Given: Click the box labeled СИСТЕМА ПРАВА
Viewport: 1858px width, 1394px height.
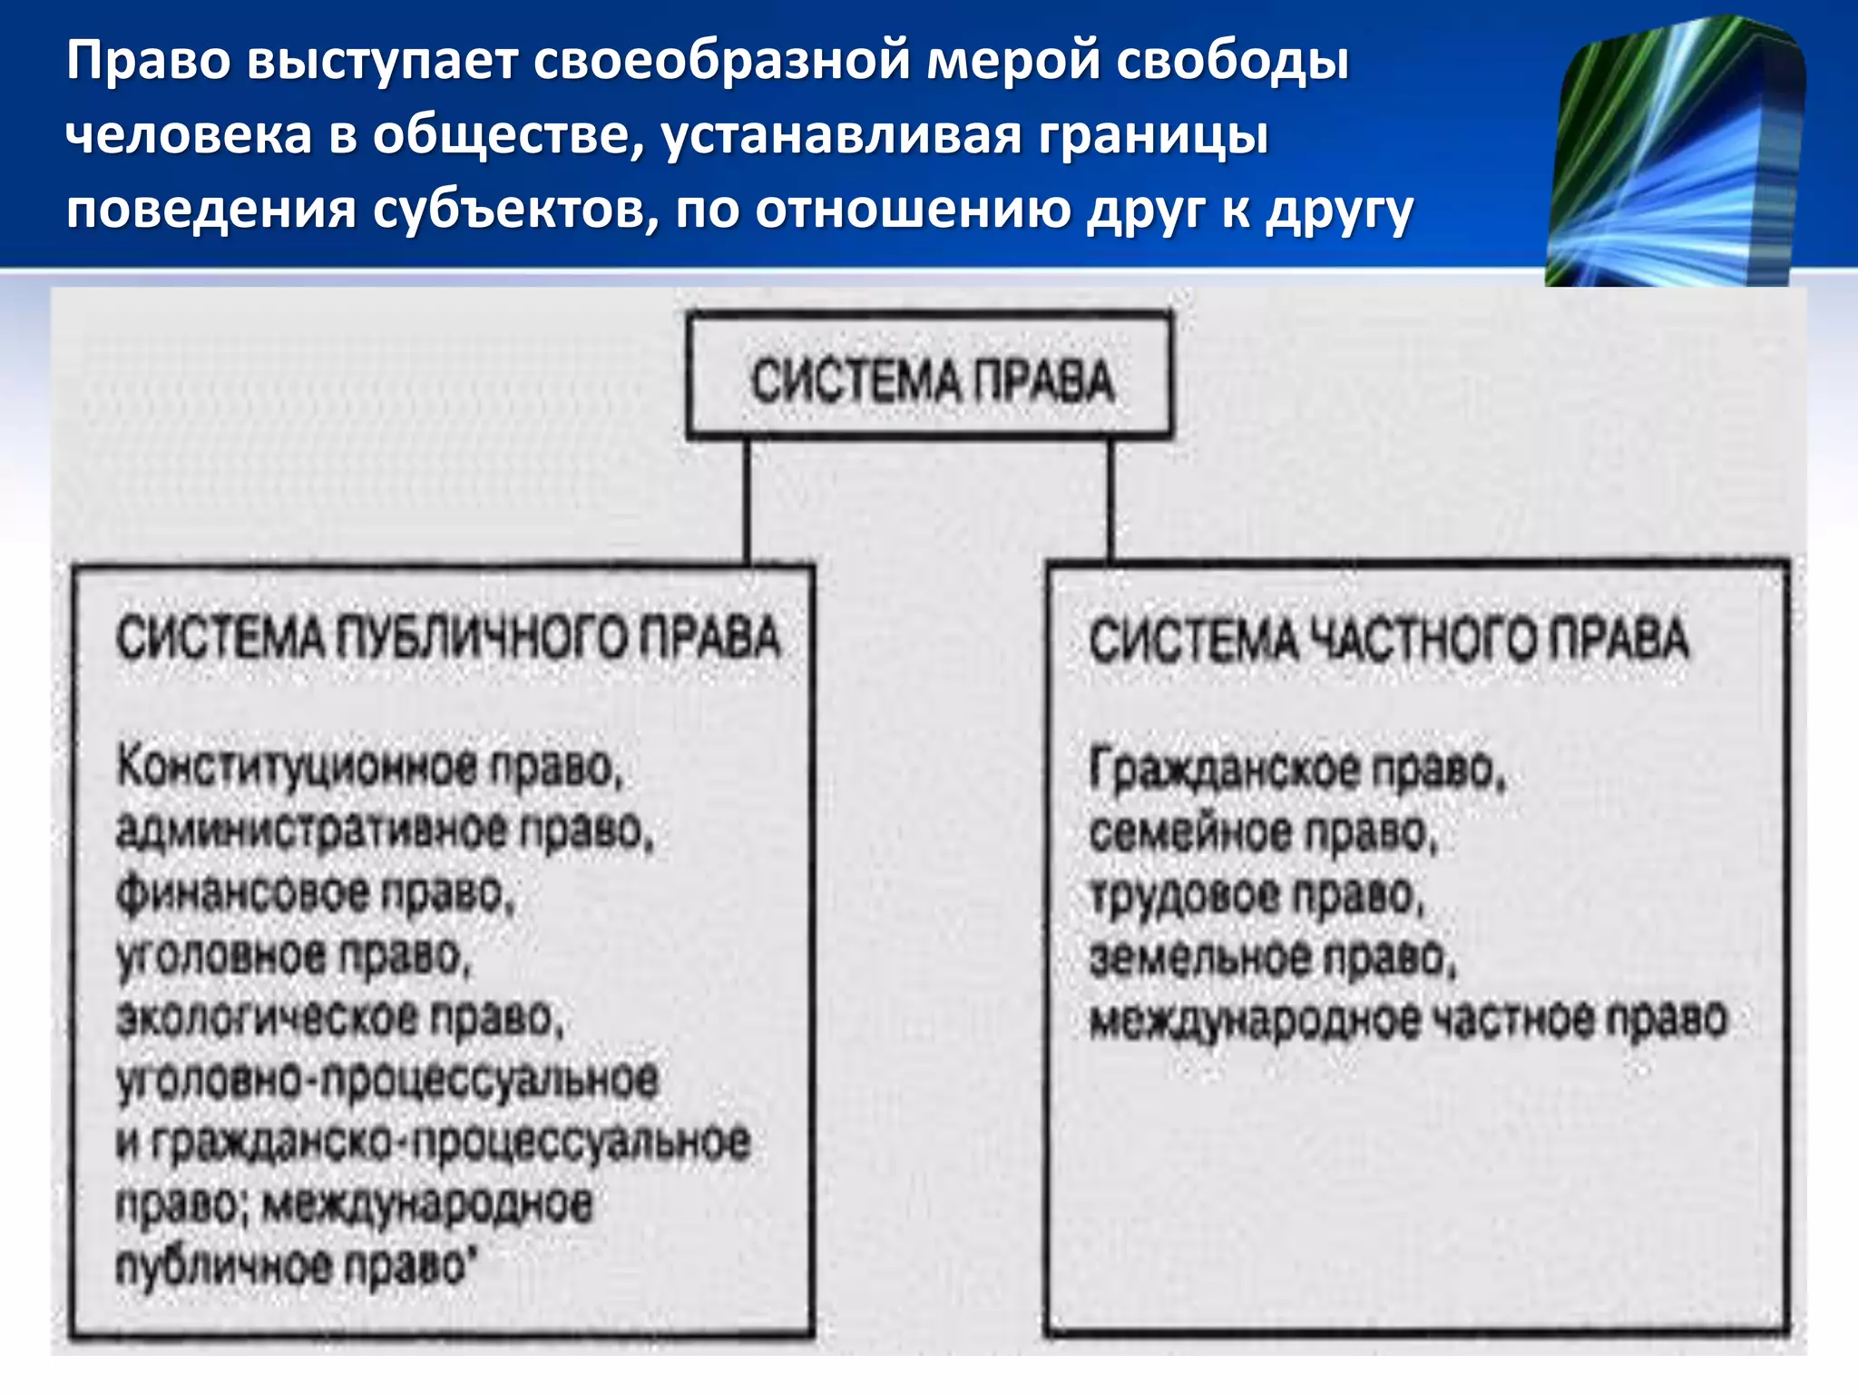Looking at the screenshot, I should pos(929,377).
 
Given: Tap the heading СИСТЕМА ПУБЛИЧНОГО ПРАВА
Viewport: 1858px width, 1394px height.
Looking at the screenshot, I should pos(447,638).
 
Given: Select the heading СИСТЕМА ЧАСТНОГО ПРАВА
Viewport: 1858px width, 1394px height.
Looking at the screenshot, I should pos(1388,640).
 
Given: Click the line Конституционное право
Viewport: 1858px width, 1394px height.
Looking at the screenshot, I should pos(369,768).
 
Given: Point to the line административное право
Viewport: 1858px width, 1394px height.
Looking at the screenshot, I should pos(385,830).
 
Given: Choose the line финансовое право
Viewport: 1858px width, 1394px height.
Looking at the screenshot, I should pos(315,893).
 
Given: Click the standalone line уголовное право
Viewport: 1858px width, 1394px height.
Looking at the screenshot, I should pos(294,956).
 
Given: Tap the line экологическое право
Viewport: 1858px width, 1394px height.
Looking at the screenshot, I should pos(340,1017).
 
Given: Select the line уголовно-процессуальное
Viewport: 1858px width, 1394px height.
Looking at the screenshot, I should pos(387,1080).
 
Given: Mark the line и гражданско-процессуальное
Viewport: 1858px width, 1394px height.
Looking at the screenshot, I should pos(433,1143).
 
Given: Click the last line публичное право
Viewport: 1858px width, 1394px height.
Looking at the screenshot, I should pos(295,1266).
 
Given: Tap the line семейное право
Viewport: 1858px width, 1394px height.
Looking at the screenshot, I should pos(1263,833).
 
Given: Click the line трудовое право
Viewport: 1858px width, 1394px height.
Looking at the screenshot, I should pos(1257,896).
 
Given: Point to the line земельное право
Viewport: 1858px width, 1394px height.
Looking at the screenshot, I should pos(1272,958).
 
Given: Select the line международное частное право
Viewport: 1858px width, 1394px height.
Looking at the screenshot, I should pos(1408,1020).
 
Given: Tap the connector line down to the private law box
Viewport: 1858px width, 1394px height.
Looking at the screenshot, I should pos(1110,499).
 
